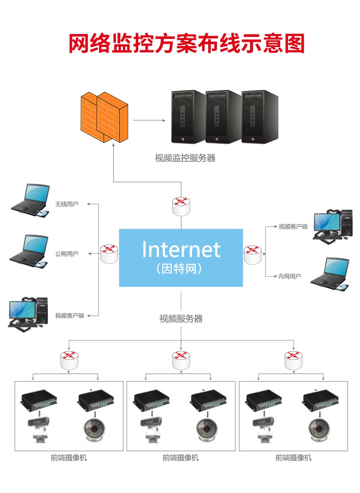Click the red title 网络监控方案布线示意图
coord(187,44)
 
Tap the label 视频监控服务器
coord(185,158)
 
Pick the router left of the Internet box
coord(109,253)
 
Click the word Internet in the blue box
coord(181,249)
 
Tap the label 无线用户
coord(67,204)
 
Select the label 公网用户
coord(67,254)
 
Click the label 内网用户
coord(290,276)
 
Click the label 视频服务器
coord(181,318)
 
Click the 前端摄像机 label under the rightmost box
coord(293,458)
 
